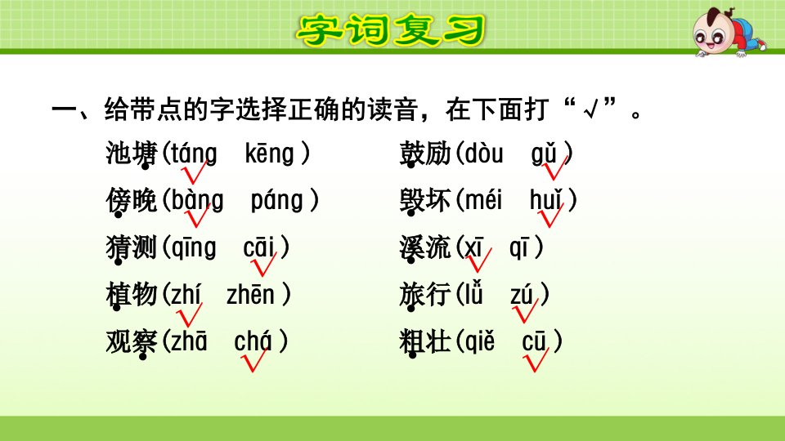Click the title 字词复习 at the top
(391, 30)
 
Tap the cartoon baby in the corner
(729, 31)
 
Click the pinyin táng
(195, 153)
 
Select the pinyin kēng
(269, 153)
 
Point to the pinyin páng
(277, 200)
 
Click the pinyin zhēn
(250, 294)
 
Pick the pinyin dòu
(483, 153)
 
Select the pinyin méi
(483, 200)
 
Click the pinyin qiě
(480, 342)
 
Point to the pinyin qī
(519, 247)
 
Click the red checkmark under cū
(536, 359)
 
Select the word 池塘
(132, 154)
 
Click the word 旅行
(425, 295)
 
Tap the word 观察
(132, 343)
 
